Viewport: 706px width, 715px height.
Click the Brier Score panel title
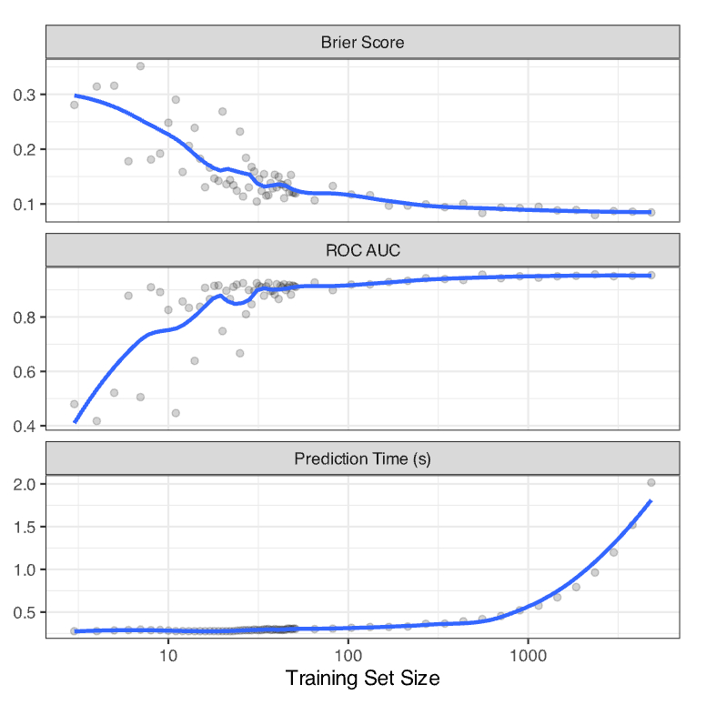[362, 43]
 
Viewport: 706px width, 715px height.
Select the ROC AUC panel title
[362, 250]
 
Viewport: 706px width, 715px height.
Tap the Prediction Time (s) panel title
[362, 458]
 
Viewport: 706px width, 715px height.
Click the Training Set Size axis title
[362, 679]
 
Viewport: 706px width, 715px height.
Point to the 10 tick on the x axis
[168, 654]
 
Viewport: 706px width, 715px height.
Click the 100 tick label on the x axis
[348, 654]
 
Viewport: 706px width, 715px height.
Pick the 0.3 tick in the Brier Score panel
[25, 95]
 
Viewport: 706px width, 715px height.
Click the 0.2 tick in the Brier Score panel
[25, 149]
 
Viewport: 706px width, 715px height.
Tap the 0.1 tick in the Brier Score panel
[25, 204]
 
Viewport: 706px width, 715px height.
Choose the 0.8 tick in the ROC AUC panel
[25, 317]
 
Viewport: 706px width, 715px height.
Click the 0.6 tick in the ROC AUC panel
[25, 372]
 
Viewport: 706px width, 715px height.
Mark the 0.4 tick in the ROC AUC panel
[25, 426]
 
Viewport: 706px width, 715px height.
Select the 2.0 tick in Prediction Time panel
[25, 484]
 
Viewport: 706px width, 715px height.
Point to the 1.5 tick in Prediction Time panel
[25, 527]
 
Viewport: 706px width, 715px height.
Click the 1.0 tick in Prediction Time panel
[25, 569]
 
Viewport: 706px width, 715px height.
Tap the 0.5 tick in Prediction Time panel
[25, 612]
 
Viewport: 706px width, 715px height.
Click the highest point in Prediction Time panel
[651, 483]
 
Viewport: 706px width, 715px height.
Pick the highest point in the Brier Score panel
[140, 66]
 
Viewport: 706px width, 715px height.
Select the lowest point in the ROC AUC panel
[96, 421]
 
